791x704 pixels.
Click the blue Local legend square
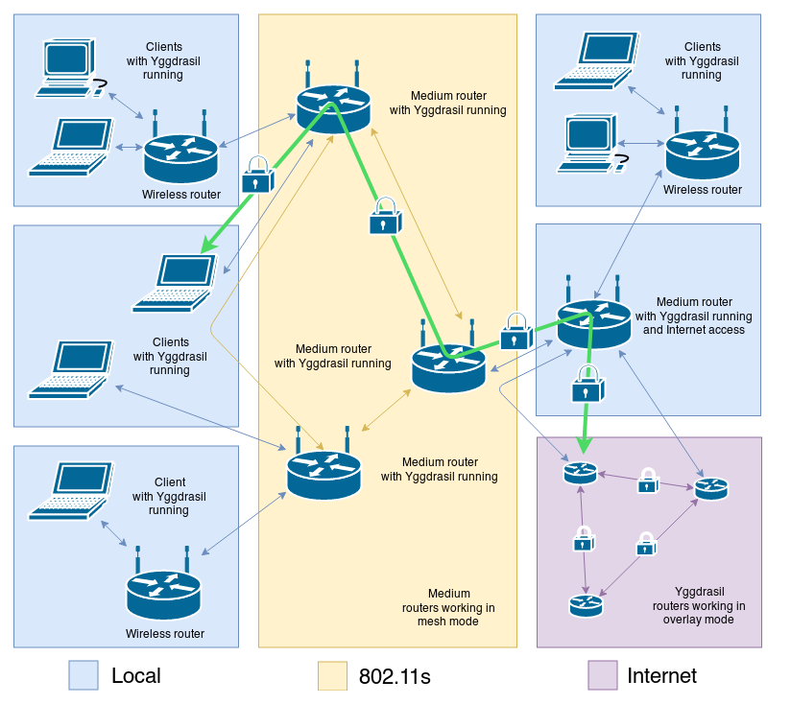pos(84,675)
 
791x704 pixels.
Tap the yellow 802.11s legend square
pos(332,675)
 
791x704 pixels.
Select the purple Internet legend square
pos(602,675)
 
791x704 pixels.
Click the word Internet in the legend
pos(661,675)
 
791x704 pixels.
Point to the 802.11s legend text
pos(395,676)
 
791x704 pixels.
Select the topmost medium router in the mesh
pos(333,106)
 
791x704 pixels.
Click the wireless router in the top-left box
pos(181,155)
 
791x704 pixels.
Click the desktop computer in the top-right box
pos(590,142)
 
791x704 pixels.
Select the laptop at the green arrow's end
pos(176,283)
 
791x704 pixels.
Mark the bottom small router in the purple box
pos(585,605)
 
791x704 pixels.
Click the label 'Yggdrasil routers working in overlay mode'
pos(698,605)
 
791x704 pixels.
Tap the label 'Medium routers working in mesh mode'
pos(448,607)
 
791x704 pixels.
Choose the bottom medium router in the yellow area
pos(324,472)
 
